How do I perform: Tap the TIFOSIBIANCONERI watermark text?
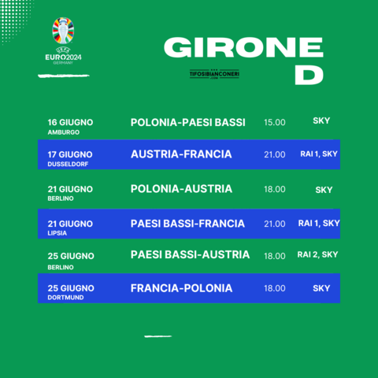[x=214, y=74]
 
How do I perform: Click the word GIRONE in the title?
[x=243, y=47]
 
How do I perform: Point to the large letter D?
[x=309, y=75]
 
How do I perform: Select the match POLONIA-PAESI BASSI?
[x=188, y=123]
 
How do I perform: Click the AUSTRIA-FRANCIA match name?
[x=181, y=154]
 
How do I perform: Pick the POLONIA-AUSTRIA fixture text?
[x=181, y=189]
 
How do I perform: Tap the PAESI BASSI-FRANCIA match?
[x=187, y=224]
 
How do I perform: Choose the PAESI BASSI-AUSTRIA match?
[x=190, y=254]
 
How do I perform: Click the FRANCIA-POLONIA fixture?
[x=181, y=288]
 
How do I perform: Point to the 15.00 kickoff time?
[x=275, y=122]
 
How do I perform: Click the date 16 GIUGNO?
[x=70, y=122]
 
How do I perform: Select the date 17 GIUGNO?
[x=70, y=154]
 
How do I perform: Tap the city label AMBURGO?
[x=64, y=132]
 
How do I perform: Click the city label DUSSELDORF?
[x=68, y=164]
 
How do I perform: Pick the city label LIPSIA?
[x=57, y=233]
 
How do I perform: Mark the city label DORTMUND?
[x=65, y=298]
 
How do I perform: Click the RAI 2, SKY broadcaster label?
[x=317, y=254]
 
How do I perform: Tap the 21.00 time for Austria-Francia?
[x=275, y=154]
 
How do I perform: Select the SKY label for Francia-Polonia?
[x=321, y=288]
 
